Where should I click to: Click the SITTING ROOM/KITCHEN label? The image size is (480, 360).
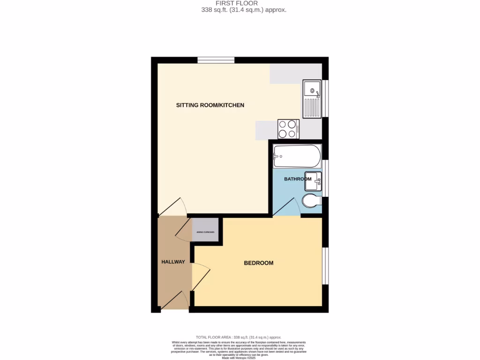(210, 105)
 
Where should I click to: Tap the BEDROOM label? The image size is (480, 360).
(258, 263)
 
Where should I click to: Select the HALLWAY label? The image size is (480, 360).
(173, 262)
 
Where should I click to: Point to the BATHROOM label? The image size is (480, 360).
(298, 179)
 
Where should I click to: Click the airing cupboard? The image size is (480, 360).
(205, 230)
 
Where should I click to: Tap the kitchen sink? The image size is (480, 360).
(311, 98)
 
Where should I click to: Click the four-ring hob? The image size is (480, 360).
(288, 129)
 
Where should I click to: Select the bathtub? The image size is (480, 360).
(297, 156)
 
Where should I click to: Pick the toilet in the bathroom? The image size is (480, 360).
(311, 202)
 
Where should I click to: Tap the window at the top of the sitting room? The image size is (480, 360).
(216, 60)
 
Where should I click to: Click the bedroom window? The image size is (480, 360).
(325, 265)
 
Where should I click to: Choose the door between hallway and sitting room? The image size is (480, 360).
(172, 207)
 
